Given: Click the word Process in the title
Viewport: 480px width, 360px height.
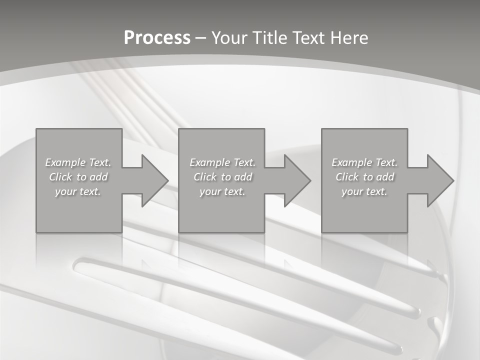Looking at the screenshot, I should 157,37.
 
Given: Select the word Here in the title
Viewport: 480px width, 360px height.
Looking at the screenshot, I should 349,37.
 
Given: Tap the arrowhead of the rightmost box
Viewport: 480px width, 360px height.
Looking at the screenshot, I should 439,180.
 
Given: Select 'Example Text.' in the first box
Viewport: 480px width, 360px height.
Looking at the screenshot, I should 78,162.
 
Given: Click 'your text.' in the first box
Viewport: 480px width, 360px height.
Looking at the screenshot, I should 78,191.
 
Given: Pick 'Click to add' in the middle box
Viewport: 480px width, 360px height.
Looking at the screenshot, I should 222,177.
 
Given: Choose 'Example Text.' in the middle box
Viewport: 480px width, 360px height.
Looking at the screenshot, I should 222,162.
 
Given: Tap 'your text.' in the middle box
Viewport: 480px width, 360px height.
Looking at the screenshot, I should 222,191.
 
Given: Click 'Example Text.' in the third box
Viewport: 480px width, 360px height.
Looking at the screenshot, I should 364,162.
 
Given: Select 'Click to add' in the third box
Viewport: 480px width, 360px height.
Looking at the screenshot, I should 364,177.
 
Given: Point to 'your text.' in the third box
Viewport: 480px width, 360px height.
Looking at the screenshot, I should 364,191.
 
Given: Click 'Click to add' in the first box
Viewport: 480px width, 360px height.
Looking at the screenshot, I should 78,177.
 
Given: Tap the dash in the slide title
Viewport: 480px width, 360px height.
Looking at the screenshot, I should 200,38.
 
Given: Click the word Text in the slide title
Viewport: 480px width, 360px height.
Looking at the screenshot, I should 309,37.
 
